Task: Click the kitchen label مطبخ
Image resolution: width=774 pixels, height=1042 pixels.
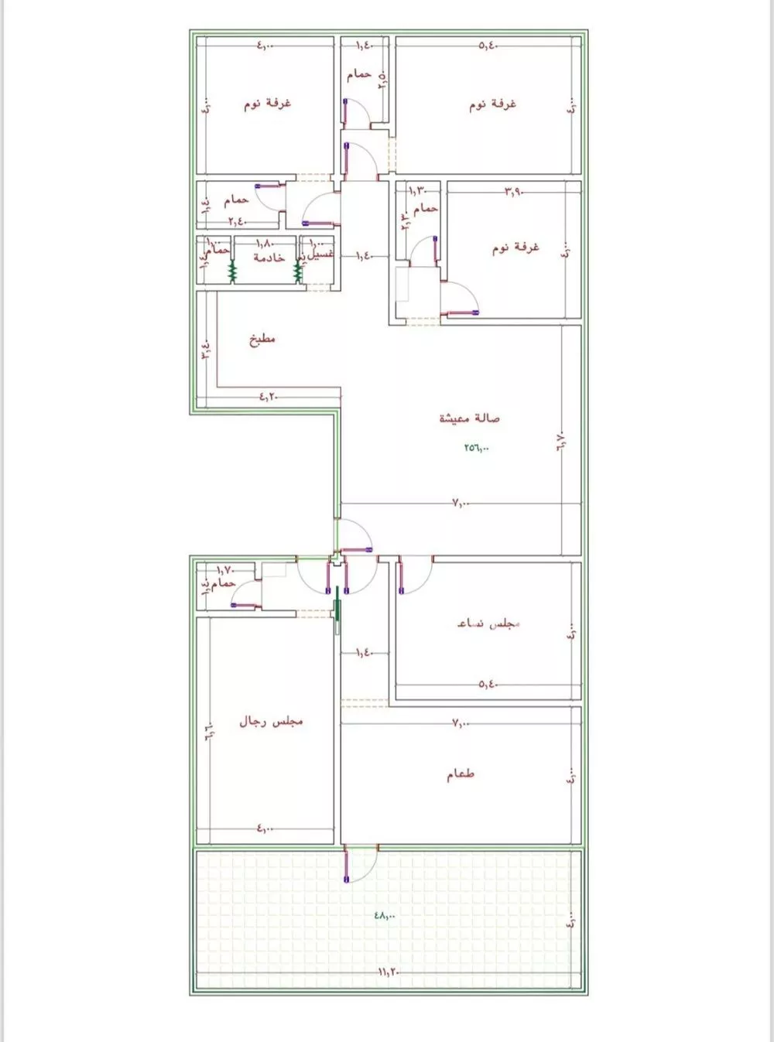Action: tap(262, 339)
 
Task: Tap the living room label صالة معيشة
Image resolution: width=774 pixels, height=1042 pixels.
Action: tap(469, 418)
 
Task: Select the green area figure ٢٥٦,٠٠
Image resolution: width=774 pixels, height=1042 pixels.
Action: tap(477, 447)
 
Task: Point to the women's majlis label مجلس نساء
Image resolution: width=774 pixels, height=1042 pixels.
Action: tap(488, 623)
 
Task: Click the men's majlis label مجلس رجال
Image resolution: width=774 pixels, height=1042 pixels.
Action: tap(271, 721)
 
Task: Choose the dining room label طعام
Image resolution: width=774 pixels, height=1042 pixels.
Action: tap(460, 774)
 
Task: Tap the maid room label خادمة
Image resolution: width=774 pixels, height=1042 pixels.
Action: tap(269, 258)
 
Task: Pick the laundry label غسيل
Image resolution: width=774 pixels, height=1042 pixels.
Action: tap(320, 255)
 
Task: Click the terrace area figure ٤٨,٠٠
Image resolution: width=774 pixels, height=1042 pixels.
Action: tap(385, 915)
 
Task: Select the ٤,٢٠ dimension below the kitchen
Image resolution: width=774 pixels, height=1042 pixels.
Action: tap(268, 397)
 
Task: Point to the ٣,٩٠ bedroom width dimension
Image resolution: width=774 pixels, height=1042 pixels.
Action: tap(514, 190)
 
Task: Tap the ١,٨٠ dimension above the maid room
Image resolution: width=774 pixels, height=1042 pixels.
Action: tap(264, 243)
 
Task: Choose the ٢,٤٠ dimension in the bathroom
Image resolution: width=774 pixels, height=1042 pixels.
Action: tap(237, 221)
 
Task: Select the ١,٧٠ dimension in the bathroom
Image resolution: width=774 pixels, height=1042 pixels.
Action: tap(225, 570)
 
